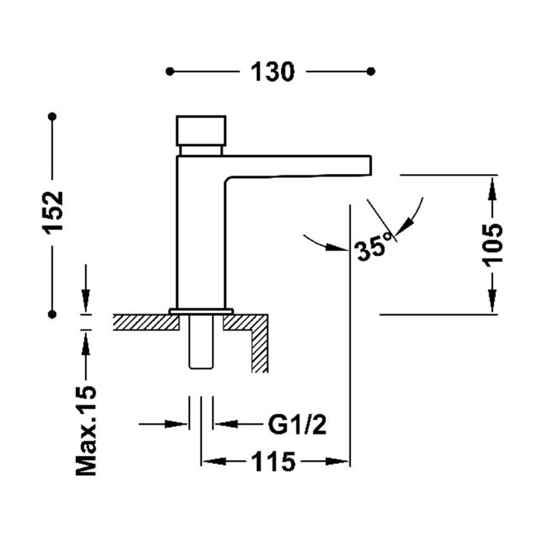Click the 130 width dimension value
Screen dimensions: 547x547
pos(273,72)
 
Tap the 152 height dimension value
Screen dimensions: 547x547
pos(52,212)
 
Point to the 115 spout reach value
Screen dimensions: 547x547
pos(273,462)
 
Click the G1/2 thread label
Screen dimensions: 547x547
pos(297,424)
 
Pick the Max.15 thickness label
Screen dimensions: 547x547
pos(86,431)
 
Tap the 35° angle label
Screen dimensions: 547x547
pos(372,247)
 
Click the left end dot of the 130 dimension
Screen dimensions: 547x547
pos(170,72)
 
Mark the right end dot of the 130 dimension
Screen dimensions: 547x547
pos(372,72)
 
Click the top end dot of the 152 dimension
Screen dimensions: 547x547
pos(52,116)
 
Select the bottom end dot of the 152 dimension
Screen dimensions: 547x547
pos(52,315)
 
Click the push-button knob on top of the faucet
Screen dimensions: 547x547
pos(201,131)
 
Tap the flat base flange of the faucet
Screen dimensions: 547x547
pos(201,311)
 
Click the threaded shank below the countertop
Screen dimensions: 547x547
pos(201,341)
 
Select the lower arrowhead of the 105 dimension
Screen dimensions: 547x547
pos(492,301)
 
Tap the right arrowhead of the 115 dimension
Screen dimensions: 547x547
pos(337,462)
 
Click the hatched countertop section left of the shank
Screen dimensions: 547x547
pos(146,322)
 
